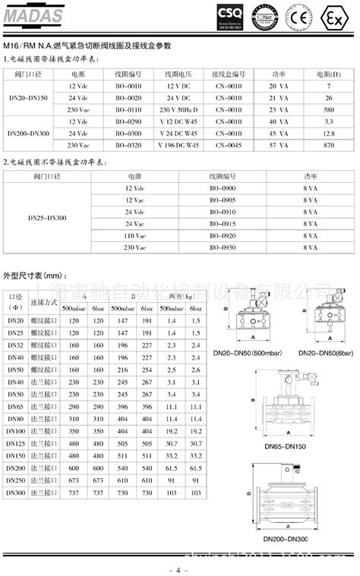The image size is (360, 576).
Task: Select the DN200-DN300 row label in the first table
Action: [x=31, y=133]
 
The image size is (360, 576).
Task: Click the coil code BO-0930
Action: [x=224, y=247]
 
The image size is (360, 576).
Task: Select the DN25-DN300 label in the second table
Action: [x=46, y=218]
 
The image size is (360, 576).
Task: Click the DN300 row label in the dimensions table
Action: [x=16, y=492]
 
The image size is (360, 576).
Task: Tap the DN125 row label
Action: [x=16, y=443]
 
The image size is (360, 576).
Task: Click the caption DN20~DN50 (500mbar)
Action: [x=247, y=352]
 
